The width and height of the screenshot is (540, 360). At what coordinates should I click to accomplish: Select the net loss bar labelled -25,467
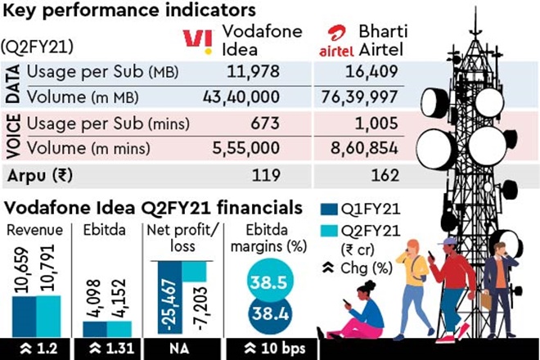click(164, 299)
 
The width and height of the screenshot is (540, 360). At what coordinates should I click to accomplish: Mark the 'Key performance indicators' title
click(114, 11)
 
